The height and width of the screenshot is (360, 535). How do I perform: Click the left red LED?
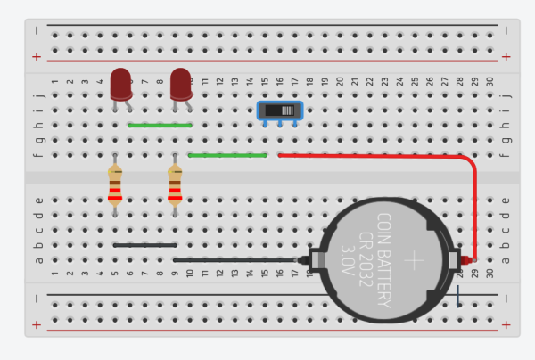point(120,83)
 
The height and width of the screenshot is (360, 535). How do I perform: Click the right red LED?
point(181,83)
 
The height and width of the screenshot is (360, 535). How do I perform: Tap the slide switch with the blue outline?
point(279,110)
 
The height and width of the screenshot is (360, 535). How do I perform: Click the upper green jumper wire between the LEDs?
point(160,126)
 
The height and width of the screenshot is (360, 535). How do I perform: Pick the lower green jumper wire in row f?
point(228,155)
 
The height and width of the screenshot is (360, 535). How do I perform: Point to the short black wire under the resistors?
point(144,244)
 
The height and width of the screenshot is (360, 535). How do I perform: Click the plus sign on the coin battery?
point(415,260)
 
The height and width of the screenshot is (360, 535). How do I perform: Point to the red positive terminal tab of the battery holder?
point(465,259)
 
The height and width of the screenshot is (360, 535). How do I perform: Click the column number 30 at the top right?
point(490,81)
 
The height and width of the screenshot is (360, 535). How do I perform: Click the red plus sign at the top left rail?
point(37,56)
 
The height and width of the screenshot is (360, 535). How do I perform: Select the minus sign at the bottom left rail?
point(37,298)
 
